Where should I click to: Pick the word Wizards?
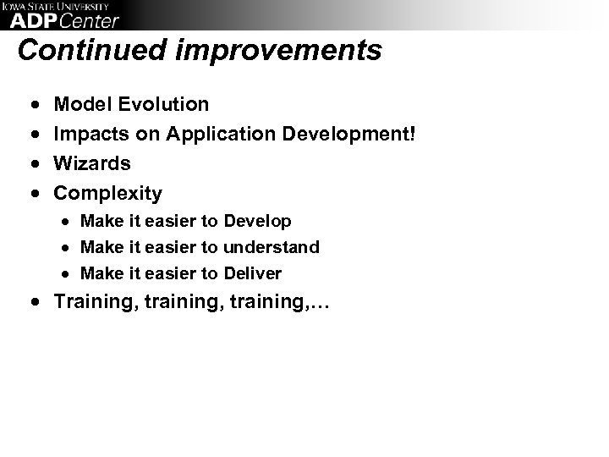point(92,163)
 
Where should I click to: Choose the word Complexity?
point(107,193)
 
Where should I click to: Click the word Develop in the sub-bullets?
point(257,222)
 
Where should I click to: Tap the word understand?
point(272,247)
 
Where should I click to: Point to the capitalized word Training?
point(92,303)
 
